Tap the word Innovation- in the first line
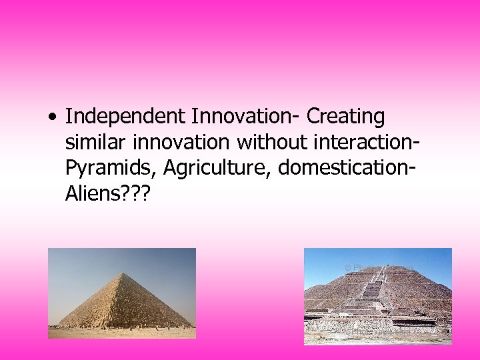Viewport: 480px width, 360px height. pyautogui.click(x=246, y=117)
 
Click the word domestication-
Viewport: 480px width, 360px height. pyautogui.click(x=347, y=169)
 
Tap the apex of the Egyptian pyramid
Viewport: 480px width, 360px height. pyautogui.click(x=124, y=273)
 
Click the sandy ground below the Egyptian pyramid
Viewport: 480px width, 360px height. pyautogui.click(x=120, y=333)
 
